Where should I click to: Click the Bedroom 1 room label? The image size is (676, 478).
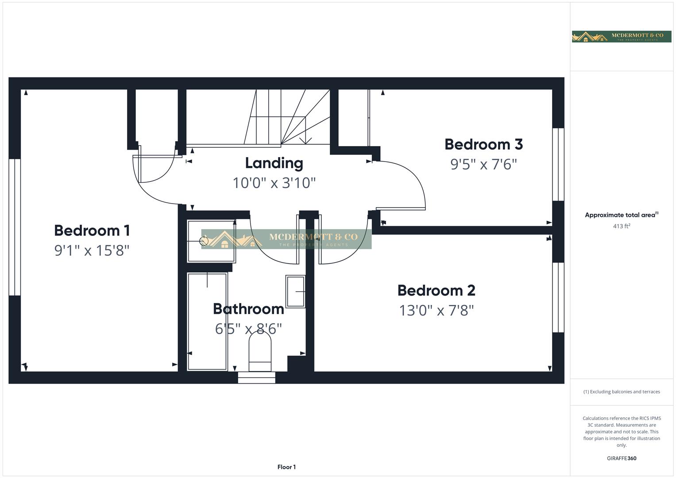(x=92, y=231)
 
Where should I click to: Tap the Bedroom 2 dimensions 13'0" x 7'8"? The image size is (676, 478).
(x=437, y=310)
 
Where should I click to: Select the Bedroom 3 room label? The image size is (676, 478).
(x=483, y=144)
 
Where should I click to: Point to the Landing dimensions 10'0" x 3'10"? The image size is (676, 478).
(x=274, y=183)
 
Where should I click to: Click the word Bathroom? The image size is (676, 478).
(x=248, y=309)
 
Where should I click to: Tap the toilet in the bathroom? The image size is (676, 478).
(x=260, y=351)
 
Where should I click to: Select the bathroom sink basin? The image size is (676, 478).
(x=295, y=291)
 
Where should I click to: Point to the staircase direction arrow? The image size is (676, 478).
(x=305, y=139)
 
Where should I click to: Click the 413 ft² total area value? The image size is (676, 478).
(x=621, y=226)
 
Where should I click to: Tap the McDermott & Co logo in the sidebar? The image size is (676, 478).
(x=621, y=36)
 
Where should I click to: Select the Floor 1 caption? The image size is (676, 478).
(x=286, y=467)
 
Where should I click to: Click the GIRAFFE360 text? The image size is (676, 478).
(x=621, y=458)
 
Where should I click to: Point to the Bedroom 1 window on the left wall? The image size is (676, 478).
(x=15, y=227)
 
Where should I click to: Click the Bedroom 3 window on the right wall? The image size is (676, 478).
(x=558, y=165)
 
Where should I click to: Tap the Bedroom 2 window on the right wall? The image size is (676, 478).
(x=558, y=297)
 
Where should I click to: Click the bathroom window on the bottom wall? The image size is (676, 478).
(x=257, y=378)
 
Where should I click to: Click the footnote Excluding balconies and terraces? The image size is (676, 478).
(x=621, y=392)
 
